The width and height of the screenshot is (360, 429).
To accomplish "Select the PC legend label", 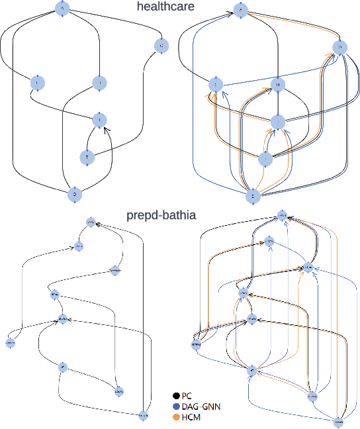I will [187, 396].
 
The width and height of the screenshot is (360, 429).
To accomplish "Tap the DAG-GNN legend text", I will [201, 406].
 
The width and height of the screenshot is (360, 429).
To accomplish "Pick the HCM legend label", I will [191, 417].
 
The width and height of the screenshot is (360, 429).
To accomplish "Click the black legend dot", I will [176, 396].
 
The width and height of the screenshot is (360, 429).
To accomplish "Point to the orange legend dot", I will [176, 417].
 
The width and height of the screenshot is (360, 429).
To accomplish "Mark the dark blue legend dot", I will [176, 406].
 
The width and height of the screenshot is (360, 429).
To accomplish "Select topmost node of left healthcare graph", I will [62, 8].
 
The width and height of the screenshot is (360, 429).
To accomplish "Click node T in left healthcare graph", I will [87, 157].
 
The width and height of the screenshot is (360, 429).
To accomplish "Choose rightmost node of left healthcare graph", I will [161, 46].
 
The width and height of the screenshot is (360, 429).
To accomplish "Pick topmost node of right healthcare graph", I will [242, 11].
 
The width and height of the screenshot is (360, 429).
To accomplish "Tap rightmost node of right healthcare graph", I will [339, 48].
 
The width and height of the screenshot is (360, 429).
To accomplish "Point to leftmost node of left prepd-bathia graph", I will [10, 342].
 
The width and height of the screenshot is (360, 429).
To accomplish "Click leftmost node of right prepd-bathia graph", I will [197, 345].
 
